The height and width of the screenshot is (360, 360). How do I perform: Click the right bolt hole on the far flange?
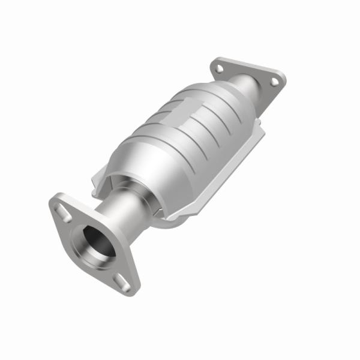click(x=274, y=82)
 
